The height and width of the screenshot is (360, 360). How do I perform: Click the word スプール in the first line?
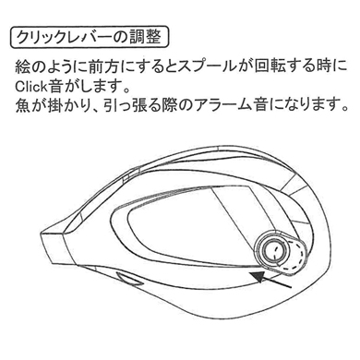pyautogui.click(x=216, y=67)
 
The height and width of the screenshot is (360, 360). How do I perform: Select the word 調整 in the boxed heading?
pyautogui.click(x=148, y=39)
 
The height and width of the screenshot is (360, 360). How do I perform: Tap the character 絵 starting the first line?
pyautogui.click(x=25, y=67)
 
